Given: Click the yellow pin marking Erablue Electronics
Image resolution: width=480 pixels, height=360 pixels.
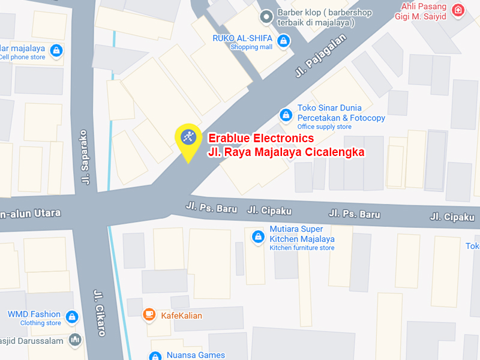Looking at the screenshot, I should pyautogui.click(x=188, y=138).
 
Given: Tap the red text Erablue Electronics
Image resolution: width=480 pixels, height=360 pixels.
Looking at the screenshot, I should pyautogui.click(x=260, y=139).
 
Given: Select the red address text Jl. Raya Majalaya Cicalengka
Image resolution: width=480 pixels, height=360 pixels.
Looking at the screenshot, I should pyautogui.click(x=286, y=152).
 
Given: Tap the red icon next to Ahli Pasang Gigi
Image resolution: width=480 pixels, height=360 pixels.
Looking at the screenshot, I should pyautogui.click(x=458, y=10).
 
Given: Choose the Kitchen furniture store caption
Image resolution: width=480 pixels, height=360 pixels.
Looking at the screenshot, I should pyautogui.click(x=302, y=248).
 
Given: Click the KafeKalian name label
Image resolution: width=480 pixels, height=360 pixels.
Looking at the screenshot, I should pyautogui.click(x=181, y=316).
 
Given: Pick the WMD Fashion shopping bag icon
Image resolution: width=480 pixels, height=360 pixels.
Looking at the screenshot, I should pyautogui.click(x=72, y=316).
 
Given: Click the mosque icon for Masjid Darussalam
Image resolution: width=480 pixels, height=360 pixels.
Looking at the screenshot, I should pyautogui.click(x=74, y=340).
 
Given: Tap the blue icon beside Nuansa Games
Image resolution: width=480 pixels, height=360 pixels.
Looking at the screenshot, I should pyautogui.click(x=155, y=356).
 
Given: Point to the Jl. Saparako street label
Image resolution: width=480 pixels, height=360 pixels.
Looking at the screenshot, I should pyautogui.click(x=85, y=157).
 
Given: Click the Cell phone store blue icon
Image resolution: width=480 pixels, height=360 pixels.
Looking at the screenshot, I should pyautogui.click(x=56, y=50).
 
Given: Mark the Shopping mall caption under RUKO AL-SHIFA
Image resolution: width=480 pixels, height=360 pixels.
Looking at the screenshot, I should pyautogui.click(x=251, y=47).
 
